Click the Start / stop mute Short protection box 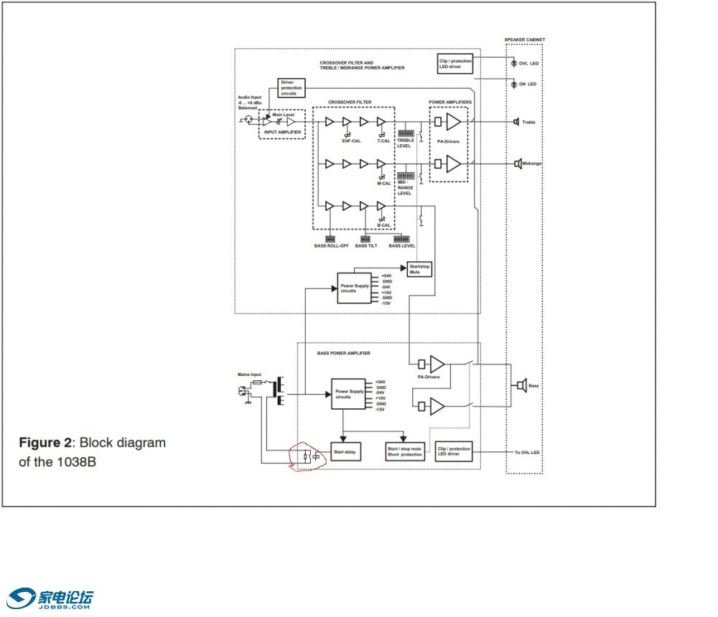[404, 452]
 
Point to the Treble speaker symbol [516, 122]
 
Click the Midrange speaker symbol [517, 164]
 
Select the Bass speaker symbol [522, 386]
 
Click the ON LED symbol [513, 85]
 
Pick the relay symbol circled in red [311, 456]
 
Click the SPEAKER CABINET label [524, 39]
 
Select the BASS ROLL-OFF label [330, 246]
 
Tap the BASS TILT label [365, 246]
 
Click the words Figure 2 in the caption [47, 443]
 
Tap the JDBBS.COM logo [50, 598]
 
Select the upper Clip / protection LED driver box [455, 64]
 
